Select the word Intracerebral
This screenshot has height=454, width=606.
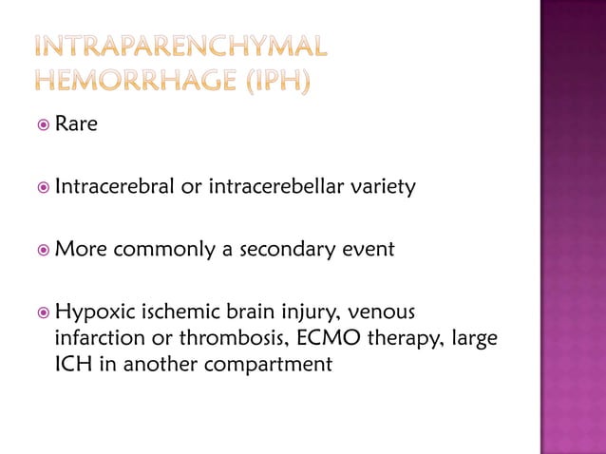[x=114, y=187]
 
